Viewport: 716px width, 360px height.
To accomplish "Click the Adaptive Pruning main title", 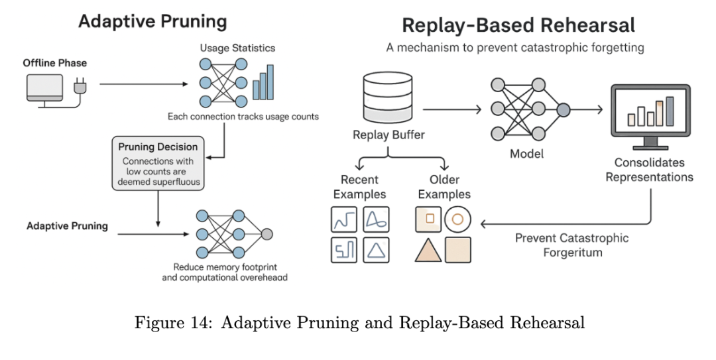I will pos(152,21).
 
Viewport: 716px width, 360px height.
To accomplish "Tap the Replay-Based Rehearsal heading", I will pos(518,26).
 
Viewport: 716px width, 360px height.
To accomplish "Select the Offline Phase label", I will pos(55,64).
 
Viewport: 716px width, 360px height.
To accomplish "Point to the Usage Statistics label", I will pos(237,48).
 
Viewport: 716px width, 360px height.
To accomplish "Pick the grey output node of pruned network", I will pos(267,233).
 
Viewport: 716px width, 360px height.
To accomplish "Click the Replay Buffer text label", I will pos(388,136).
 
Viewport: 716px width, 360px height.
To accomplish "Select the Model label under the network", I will pos(527,154).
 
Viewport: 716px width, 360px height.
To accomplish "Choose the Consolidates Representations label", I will pos(649,170).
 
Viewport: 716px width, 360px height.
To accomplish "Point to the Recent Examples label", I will pos(359,187).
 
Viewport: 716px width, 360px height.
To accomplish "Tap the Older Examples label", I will pos(444,187).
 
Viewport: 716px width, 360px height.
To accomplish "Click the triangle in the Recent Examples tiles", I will pos(375,250).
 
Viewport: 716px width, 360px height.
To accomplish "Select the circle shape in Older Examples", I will pos(457,218).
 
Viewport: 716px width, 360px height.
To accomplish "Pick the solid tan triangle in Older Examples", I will pos(428,250).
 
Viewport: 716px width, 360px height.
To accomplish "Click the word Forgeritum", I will pos(572,253).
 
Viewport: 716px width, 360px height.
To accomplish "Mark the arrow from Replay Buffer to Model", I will pos(451,107).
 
